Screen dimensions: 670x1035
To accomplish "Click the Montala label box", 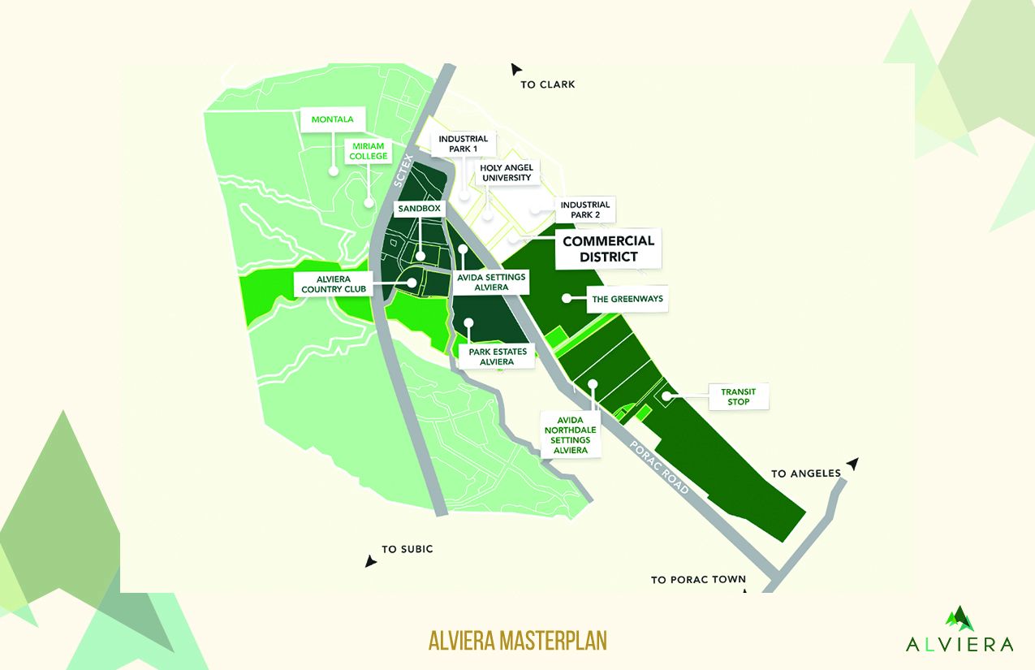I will click(333, 119).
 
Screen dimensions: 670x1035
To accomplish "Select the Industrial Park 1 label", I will click(463, 144).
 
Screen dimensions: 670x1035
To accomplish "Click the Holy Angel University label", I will click(506, 172).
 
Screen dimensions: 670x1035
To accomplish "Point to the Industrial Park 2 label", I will click(584, 209).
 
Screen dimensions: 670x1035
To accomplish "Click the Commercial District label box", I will click(608, 249).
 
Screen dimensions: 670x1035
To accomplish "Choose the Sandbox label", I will click(420, 209).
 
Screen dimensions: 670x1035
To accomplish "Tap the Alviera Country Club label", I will click(334, 283).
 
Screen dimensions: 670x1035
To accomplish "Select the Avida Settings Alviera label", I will click(491, 283).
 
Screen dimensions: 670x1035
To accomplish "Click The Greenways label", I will click(627, 299).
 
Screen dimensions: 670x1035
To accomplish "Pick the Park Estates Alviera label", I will click(497, 357).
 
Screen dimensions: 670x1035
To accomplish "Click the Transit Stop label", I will click(738, 396).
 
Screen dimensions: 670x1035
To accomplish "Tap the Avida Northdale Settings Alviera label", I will click(570, 433).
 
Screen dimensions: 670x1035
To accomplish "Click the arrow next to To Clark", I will click(515, 70).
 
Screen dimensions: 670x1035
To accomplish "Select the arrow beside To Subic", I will click(371, 561).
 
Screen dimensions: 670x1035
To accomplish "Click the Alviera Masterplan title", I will click(517, 640).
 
